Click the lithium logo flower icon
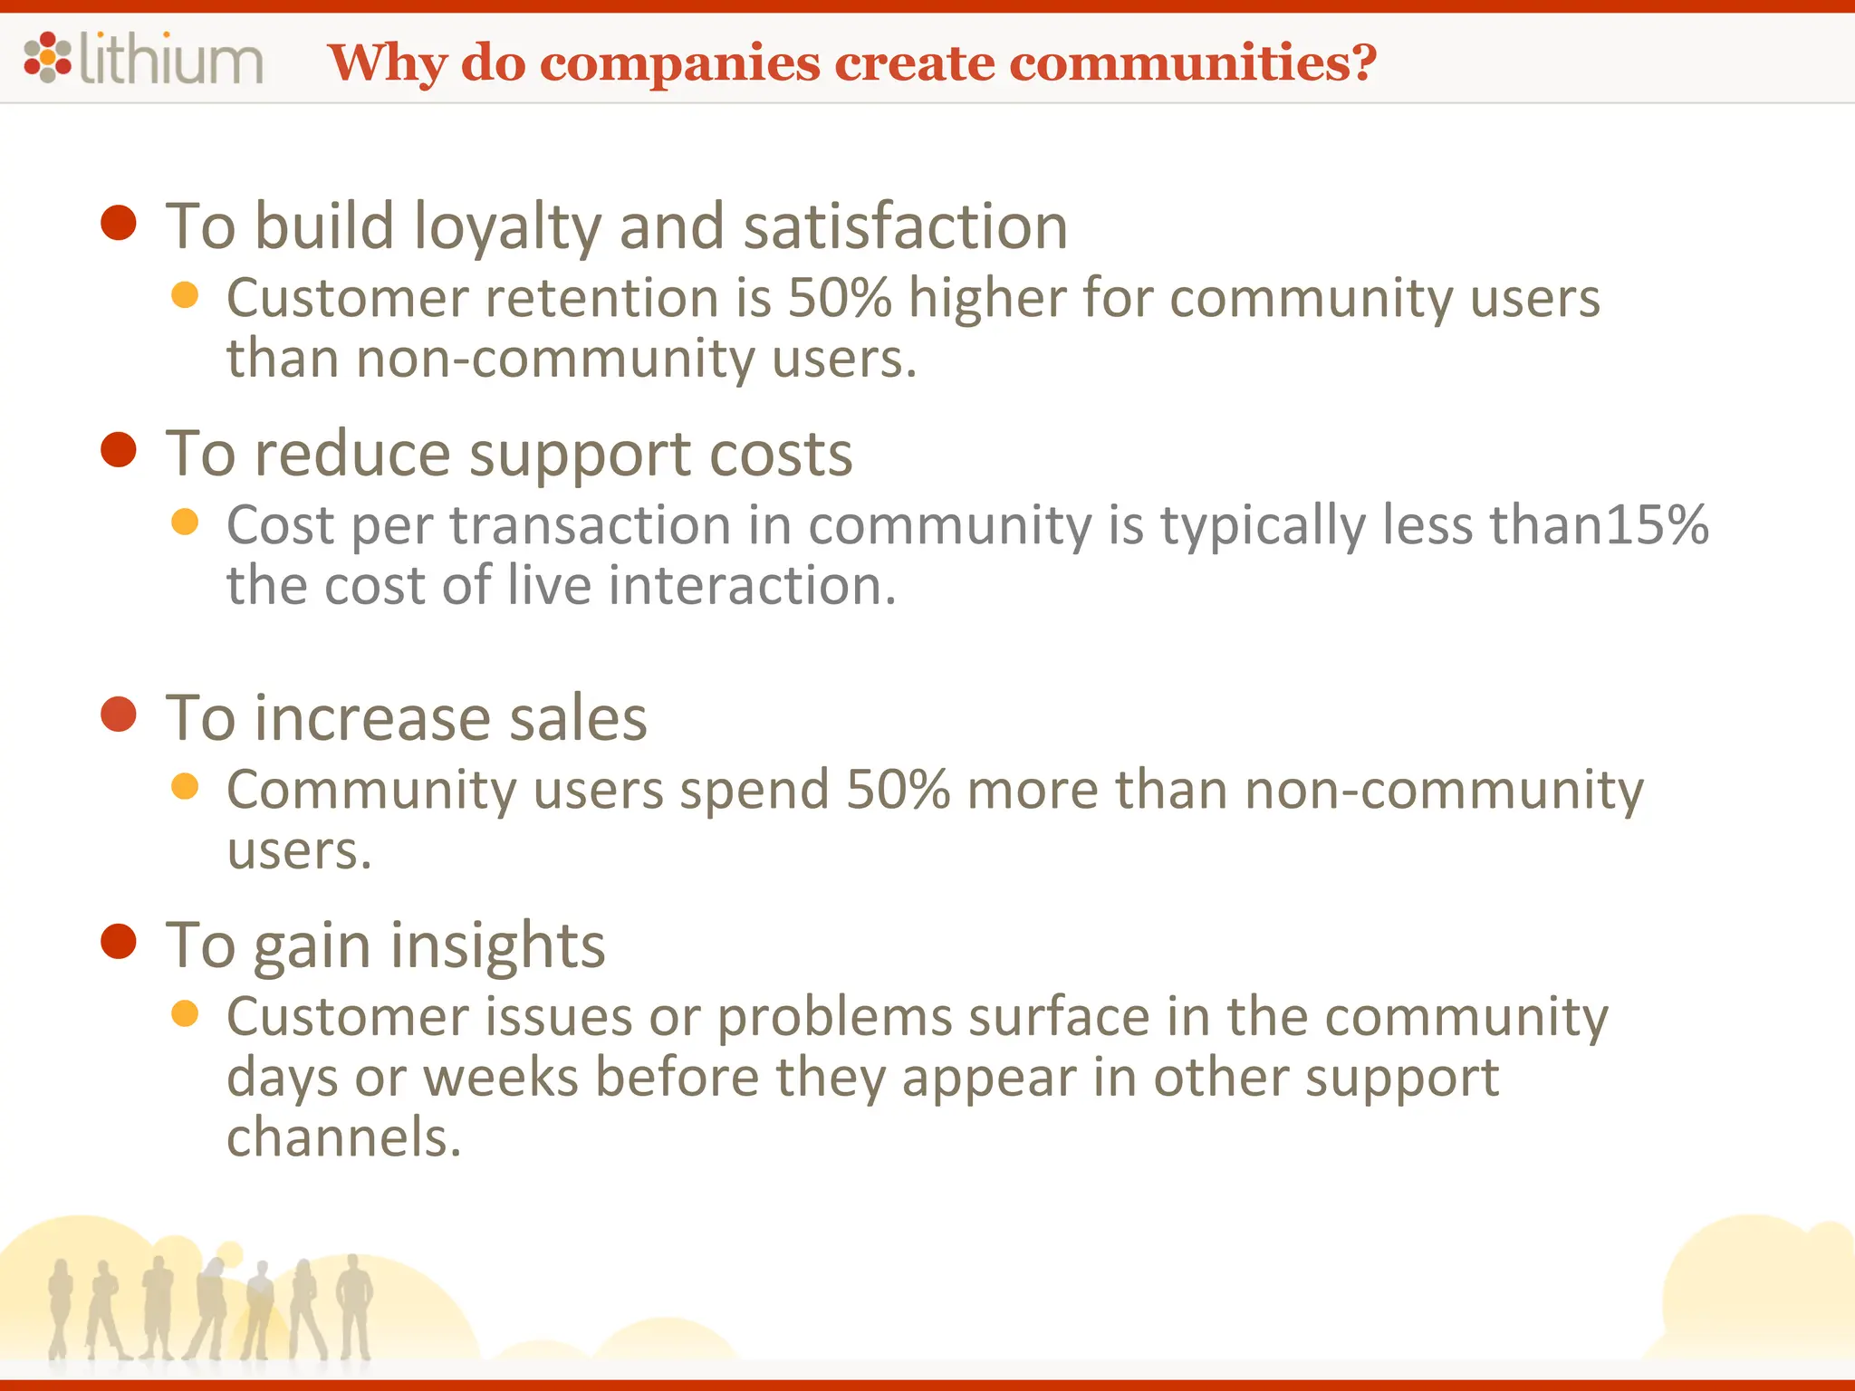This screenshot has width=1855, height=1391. coord(47,57)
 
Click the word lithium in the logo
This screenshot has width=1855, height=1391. coord(172,60)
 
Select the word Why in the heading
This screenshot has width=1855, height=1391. coord(389,63)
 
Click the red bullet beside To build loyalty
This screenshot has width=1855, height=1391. coord(119,223)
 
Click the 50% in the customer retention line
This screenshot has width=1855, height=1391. coord(841,298)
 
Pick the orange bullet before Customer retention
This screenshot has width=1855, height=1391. coord(185,295)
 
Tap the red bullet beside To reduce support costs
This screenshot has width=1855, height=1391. coord(119,450)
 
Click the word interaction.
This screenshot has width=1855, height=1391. coord(752,586)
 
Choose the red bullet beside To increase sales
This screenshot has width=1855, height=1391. coord(119,715)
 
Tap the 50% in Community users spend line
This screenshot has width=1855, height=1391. coord(899,790)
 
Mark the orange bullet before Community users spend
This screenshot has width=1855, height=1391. coord(185,786)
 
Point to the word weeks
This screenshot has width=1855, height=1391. coord(501,1078)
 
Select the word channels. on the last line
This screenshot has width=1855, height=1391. coord(343,1138)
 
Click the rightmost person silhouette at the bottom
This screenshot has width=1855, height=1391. coord(354,1304)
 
